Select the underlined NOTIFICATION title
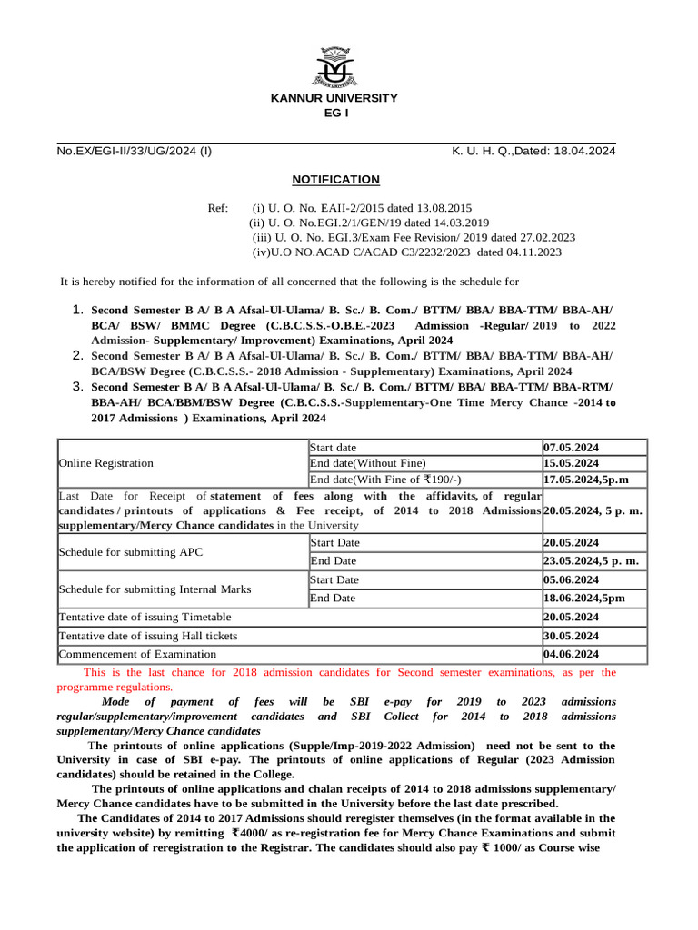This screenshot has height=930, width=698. [x=335, y=180]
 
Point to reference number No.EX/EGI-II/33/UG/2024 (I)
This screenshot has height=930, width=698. [x=135, y=152]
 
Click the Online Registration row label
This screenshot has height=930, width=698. [x=105, y=463]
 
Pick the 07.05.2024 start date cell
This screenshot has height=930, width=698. [x=572, y=448]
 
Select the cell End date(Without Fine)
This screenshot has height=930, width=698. [x=367, y=463]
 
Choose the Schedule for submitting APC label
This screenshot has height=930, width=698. [x=122, y=552]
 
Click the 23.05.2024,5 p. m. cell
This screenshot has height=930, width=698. [x=591, y=561]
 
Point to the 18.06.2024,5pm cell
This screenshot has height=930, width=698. [x=583, y=599]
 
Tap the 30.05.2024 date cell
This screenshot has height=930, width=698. [x=572, y=636]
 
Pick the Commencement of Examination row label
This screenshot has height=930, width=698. [x=137, y=654]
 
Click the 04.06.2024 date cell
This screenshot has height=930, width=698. [x=572, y=654]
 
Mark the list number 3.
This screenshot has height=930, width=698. [x=78, y=387]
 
